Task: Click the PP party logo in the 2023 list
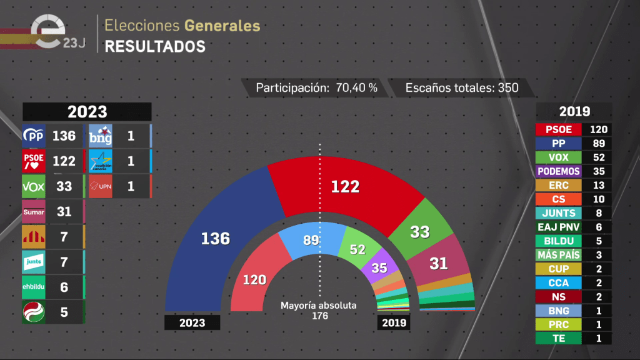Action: point(33,136)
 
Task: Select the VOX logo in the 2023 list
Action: point(33,186)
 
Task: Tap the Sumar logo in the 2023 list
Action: point(33,212)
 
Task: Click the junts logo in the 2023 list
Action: point(33,262)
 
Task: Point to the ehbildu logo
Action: point(33,287)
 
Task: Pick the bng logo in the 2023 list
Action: point(100,136)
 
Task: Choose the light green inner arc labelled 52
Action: point(357,249)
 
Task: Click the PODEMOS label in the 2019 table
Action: point(559,171)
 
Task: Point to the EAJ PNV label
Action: point(559,227)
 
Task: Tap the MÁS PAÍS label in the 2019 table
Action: point(559,255)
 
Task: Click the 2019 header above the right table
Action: point(574,112)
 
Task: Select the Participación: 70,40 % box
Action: point(316,87)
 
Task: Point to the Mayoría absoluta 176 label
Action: point(319,311)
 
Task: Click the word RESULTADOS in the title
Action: point(154,46)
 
